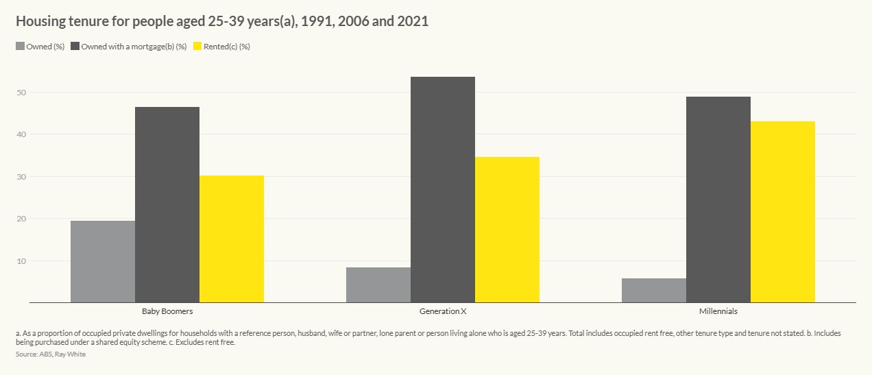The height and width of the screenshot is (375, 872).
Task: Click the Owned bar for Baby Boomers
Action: pyautogui.click(x=103, y=261)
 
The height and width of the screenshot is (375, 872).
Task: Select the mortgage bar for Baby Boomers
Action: pyautogui.click(x=167, y=204)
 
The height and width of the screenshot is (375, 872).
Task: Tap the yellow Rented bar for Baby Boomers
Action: pyautogui.click(x=232, y=239)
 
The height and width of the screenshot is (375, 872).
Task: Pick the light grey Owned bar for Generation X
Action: pyautogui.click(x=378, y=285)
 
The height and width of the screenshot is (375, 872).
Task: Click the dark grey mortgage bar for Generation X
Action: pyautogui.click(x=443, y=189)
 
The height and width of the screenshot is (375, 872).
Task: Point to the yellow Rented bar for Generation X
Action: pyautogui.click(x=507, y=230)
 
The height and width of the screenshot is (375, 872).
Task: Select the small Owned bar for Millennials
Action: pyautogui.click(x=654, y=290)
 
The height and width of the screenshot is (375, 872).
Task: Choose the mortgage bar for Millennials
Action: pyautogui.click(x=718, y=199)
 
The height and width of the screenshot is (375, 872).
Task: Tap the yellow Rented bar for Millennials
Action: pyautogui.click(x=783, y=212)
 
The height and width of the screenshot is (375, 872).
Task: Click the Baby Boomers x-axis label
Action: pyautogui.click(x=167, y=311)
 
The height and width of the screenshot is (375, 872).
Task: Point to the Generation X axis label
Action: pyautogui.click(x=443, y=311)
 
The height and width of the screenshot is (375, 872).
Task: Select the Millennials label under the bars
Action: pyautogui.click(x=718, y=311)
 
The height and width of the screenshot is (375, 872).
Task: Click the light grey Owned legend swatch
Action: pyautogui.click(x=20, y=47)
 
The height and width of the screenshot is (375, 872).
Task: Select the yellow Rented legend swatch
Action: pyautogui.click(x=198, y=47)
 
